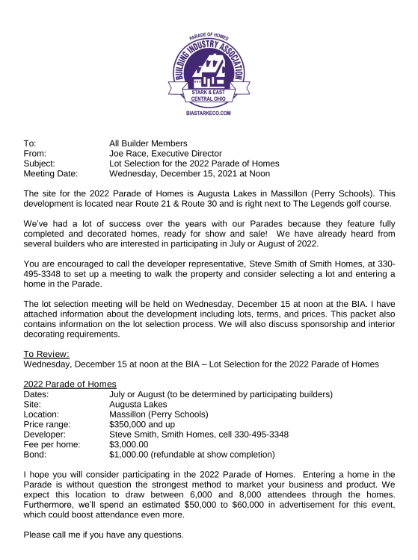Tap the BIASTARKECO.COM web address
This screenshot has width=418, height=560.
pyautogui.click(x=208, y=113)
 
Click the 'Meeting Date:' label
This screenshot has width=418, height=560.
pyautogui.click(x=51, y=173)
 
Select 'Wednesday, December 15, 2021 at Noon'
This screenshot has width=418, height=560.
pyautogui.click(x=189, y=173)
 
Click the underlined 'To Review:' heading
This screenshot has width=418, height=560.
pyautogui.click(x=47, y=353)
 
